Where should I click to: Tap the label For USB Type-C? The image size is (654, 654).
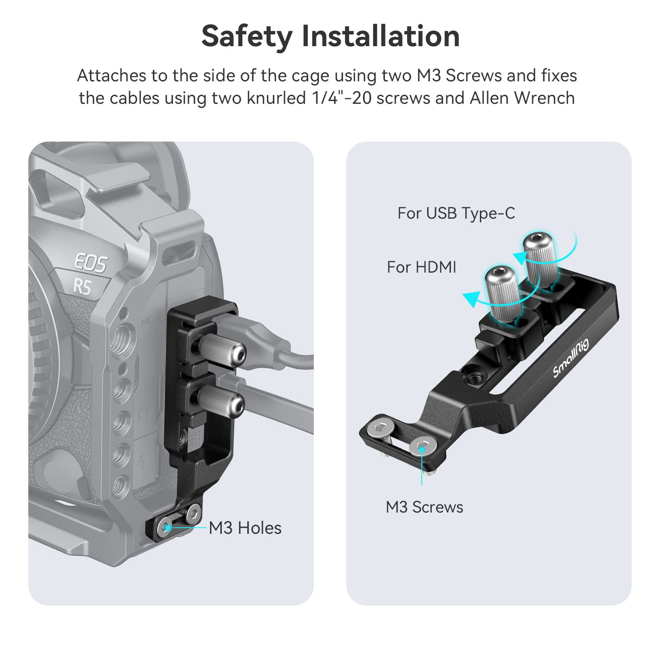(x=456, y=213)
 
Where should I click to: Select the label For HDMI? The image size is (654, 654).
(x=421, y=267)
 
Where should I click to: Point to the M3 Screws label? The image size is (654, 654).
(x=424, y=507)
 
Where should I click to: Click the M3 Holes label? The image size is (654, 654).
(x=245, y=528)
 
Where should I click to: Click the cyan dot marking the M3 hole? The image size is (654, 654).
(x=168, y=528)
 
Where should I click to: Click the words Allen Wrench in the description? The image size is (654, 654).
(x=522, y=98)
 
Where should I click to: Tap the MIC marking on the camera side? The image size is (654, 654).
(x=147, y=321)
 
